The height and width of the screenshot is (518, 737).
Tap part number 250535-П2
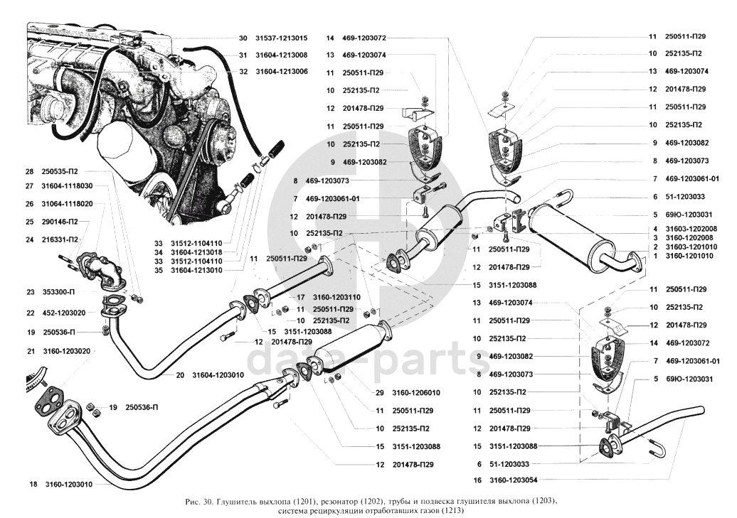(x=59, y=171)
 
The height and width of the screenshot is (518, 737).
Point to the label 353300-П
(x=60, y=292)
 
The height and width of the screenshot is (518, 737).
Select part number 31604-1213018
(x=196, y=252)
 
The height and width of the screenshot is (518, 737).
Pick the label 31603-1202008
(x=691, y=228)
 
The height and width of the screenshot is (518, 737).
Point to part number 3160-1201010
(x=691, y=256)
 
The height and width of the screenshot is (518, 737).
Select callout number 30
(x=243, y=38)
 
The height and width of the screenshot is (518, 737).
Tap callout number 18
(x=33, y=485)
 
